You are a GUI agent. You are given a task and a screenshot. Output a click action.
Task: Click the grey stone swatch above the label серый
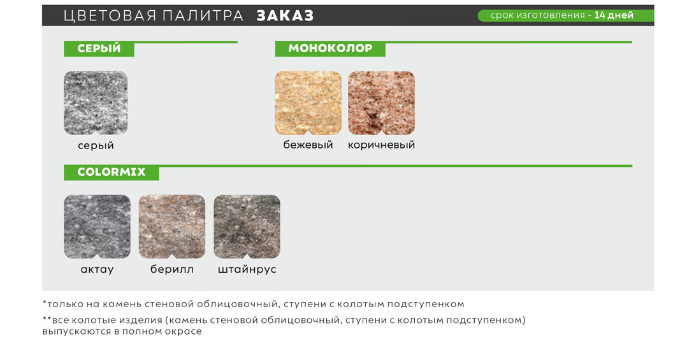[96, 103]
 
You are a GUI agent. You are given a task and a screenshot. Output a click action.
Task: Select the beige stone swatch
[308, 103]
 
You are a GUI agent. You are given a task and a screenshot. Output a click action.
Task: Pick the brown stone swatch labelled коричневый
[381, 103]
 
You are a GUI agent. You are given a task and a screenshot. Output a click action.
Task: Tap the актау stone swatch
[97, 227]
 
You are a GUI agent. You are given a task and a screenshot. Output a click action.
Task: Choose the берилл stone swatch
[172, 227]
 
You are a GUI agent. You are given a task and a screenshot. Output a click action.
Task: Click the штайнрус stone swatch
[247, 227]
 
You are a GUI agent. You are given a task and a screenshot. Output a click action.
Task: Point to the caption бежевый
[308, 145]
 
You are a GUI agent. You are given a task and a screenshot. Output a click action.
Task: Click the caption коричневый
[381, 145]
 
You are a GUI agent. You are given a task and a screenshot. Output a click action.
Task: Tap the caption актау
[97, 270]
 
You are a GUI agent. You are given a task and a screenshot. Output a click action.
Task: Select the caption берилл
[172, 269]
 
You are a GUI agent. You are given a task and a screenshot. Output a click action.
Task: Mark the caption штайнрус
[247, 270]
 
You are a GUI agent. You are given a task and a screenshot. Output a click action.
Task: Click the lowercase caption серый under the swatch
[96, 145]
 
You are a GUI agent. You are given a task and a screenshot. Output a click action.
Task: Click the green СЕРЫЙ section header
[99, 48]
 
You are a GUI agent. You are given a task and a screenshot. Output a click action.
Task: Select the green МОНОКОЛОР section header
[330, 48]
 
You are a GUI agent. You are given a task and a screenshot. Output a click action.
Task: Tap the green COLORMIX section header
[112, 172]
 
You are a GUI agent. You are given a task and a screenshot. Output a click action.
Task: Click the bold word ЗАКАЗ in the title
[285, 16]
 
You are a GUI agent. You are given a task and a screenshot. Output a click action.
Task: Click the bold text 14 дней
[614, 15]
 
